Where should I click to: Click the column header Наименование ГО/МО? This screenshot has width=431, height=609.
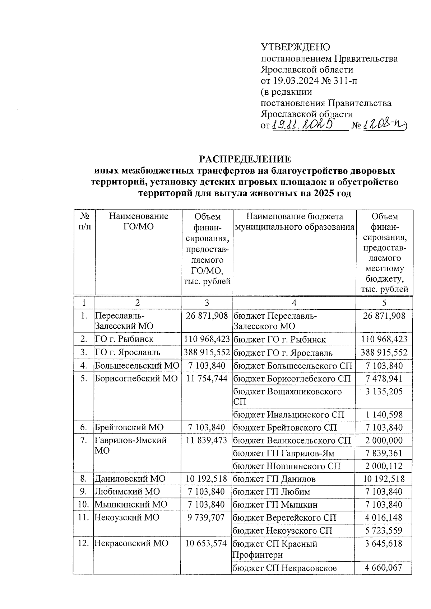[138, 221]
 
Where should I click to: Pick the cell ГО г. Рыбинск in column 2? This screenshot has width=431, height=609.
[124, 339]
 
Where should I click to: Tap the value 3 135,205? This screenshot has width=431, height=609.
[384, 391]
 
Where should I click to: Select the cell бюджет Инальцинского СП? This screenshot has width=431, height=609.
[288, 415]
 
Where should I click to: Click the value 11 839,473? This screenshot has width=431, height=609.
[207, 440]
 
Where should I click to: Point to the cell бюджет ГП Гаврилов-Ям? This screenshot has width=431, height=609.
[284, 453]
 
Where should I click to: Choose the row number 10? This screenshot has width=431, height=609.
[83, 505]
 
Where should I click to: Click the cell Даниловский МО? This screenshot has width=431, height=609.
[130, 479]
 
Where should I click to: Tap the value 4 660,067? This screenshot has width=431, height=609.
[384, 568]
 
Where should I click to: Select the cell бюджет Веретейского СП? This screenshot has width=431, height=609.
[284, 517]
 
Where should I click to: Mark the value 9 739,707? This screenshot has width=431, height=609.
[207, 517]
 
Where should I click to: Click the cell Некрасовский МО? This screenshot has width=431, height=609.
[131, 543]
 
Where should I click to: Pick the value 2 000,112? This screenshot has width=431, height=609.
[384, 466]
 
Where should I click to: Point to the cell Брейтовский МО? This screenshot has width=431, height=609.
[129, 427]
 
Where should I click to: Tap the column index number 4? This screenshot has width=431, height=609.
[294, 303]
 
